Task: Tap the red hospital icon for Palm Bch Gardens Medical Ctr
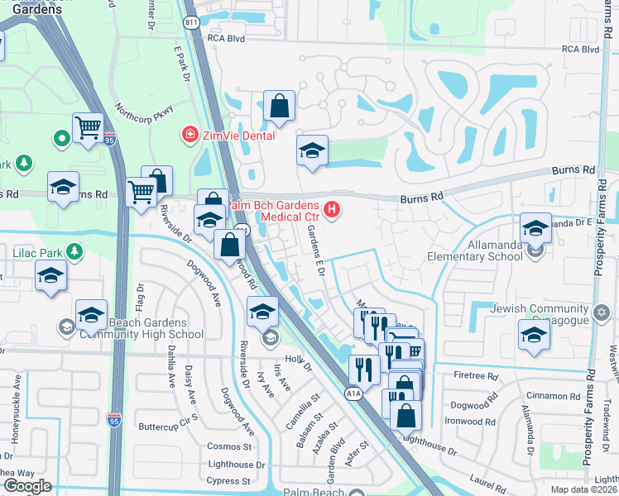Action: [x=332, y=210]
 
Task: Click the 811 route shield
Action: [x=192, y=23]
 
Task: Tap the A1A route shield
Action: [x=353, y=395]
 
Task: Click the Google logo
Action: [x=27, y=486]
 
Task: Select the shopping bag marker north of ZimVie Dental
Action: [x=280, y=107]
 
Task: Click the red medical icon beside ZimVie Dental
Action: [x=190, y=134]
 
